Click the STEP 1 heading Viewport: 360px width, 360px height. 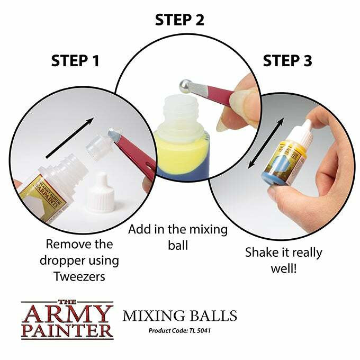click(x=75, y=60)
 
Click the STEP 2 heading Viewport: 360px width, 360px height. click(x=179, y=20)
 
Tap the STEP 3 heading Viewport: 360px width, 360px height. click(x=287, y=60)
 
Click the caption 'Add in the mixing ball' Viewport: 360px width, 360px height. click(x=178, y=237)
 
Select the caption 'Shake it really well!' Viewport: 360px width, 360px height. click(x=283, y=260)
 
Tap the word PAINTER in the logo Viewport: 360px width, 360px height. click(x=67, y=332)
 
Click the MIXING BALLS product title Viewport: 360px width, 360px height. click(x=179, y=317)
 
